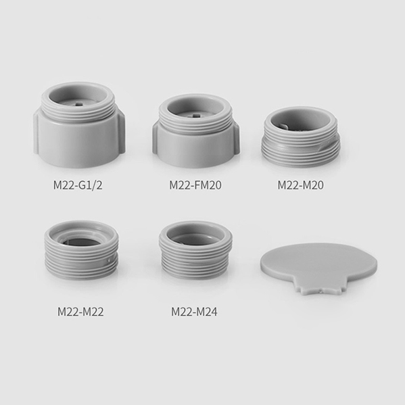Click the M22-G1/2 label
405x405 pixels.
click(78, 185)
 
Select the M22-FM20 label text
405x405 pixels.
click(195, 185)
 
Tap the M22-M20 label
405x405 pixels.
click(300, 185)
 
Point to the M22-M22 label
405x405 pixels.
click(80, 312)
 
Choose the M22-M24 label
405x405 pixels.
click(194, 312)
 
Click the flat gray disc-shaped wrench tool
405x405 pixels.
click(318, 266)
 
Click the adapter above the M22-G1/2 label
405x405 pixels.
click(79, 125)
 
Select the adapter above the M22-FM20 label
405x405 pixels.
click(196, 131)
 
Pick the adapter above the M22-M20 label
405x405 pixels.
click(301, 137)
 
